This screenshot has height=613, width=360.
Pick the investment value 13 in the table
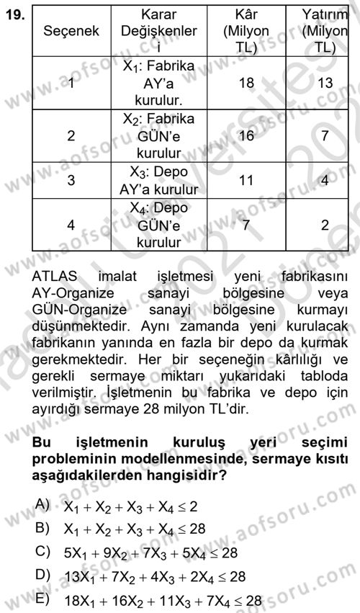pos(325,84)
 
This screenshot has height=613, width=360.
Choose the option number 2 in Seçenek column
pos(71,135)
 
